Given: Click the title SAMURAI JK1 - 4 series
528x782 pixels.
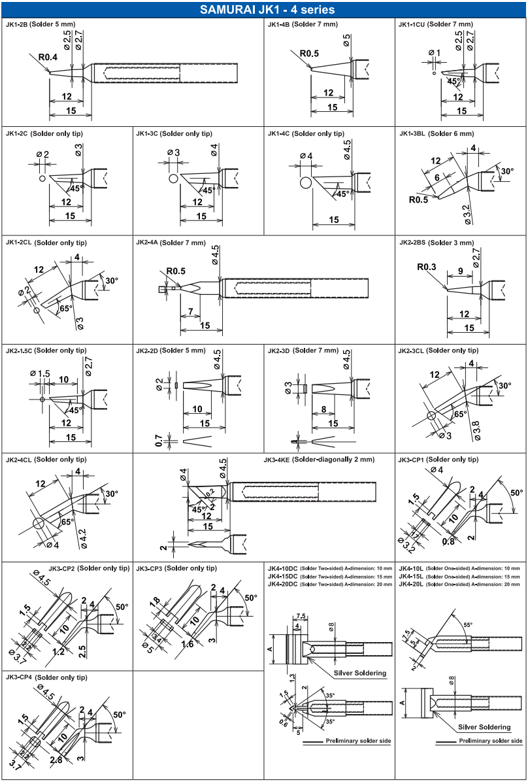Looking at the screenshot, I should [x=264, y=9].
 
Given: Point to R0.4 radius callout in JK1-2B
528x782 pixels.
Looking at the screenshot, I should [x=48, y=57].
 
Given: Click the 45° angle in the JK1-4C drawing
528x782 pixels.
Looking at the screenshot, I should [x=342, y=194].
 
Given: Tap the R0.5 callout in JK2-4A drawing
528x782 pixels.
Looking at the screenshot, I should [x=176, y=271].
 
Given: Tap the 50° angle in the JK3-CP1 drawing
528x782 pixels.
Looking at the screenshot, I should [x=516, y=491].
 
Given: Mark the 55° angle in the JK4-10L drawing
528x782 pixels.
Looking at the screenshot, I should [x=467, y=624].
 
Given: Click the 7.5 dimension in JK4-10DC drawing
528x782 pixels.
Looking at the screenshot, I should [x=301, y=615].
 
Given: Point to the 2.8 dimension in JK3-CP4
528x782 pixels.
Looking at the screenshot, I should [x=57, y=758].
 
